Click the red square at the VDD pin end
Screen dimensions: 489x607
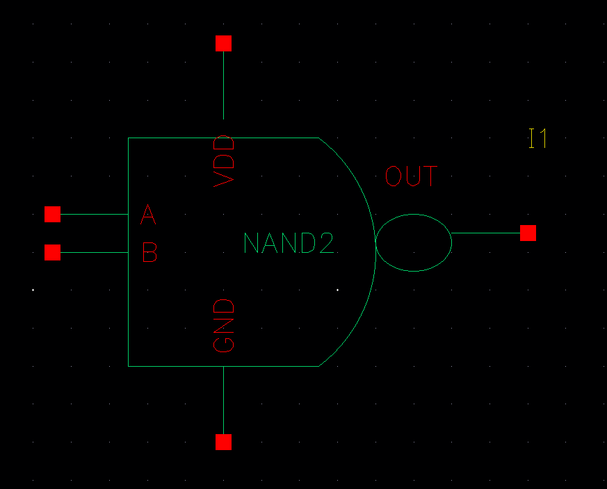[223, 43]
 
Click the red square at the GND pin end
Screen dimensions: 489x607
[223, 442]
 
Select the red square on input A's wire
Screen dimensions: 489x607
[52, 214]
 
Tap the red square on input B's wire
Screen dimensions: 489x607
[52, 252]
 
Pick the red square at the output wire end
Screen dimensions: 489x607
[528, 233]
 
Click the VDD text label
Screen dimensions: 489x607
[225, 161]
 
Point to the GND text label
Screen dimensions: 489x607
[225, 325]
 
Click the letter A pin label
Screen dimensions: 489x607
[148, 215]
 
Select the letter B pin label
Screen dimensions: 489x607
[149, 253]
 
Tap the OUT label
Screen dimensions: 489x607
[412, 176]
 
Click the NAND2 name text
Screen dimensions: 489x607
[289, 243]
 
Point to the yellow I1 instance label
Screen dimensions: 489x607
[537, 139]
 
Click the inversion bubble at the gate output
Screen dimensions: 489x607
[414, 242]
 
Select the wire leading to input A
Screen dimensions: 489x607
[94, 214]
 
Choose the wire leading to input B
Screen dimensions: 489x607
[94, 252]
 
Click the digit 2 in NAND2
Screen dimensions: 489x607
[327, 243]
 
